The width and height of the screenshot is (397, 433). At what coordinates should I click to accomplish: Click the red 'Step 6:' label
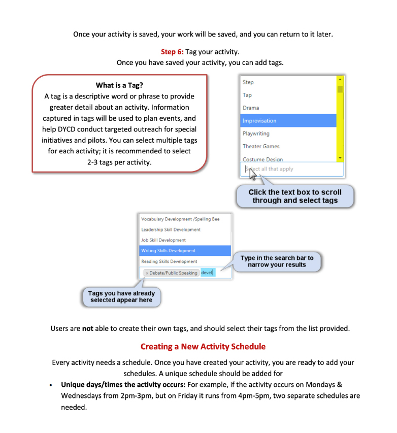point(172,52)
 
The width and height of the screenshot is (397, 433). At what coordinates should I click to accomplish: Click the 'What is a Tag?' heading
point(119,85)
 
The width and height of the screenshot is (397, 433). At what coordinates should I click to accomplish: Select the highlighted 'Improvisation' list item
point(288,121)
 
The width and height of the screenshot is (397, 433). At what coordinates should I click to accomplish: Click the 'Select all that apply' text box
point(292,169)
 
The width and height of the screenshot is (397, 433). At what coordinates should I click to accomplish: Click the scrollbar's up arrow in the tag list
point(340,80)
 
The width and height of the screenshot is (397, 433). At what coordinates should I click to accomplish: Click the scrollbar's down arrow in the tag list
point(340,158)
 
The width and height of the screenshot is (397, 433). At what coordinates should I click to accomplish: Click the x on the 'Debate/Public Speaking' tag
point(147,273)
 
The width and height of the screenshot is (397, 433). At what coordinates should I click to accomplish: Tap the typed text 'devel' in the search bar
point(207,273)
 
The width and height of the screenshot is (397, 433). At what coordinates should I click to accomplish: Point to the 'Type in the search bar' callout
point(277,261)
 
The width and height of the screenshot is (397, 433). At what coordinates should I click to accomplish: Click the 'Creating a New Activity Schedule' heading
point(203,347)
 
